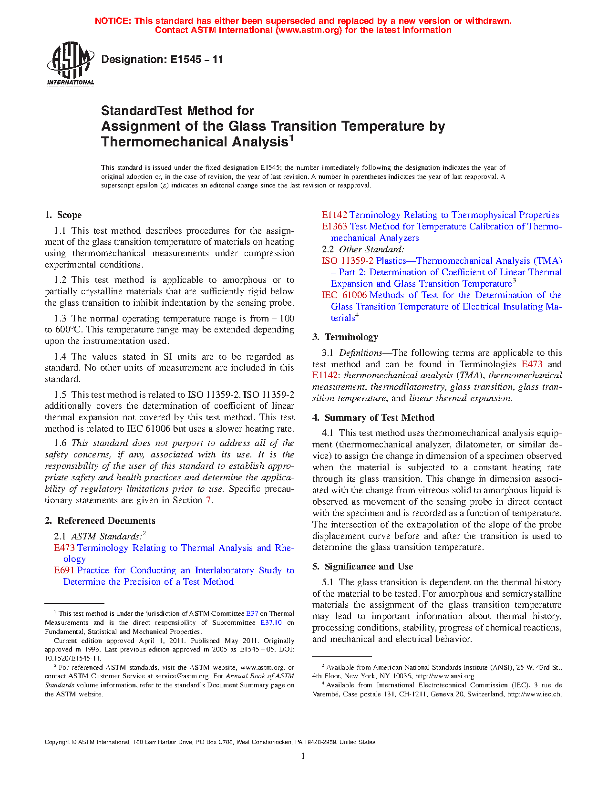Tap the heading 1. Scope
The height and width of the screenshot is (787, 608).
click(x=63, y=215)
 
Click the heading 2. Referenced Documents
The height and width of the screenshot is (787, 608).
click(x=100, y=521)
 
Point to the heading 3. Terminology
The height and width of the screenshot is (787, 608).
click(x=345, y=337)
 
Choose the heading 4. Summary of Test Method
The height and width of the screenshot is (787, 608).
click(x=373, y=418)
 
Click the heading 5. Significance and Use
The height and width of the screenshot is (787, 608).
click(x=363, y=567)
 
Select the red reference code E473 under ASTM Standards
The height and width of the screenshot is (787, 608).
click(x=64, y=548)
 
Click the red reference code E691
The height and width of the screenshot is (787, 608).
click(x=64, y=570)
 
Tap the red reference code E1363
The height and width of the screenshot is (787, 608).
click(x=334, y=227)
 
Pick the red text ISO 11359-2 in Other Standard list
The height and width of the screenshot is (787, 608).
click(x=348, y=261)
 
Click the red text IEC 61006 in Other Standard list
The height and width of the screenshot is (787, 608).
click(x=344, y=295)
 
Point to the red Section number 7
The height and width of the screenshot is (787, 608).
click(x=208, y=500)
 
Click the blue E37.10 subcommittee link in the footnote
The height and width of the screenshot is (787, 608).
click(x=271, y=622)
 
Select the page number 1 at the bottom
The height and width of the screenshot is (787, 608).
click(x=303, y=756)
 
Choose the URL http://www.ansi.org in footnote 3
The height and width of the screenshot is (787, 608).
click(x=444, y=676)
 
